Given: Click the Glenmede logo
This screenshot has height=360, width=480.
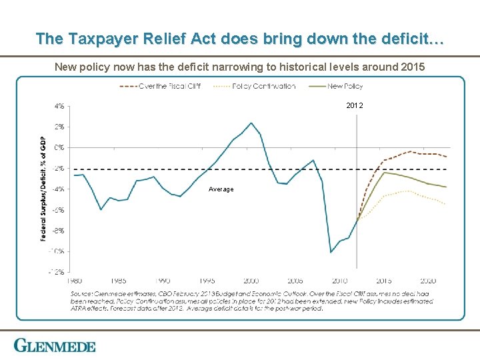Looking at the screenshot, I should point(55,346).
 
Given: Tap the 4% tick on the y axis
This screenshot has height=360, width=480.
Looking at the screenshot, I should point(59,105).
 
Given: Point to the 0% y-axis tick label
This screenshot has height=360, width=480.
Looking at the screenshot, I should point(59,147).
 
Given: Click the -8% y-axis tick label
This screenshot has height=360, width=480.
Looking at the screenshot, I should point(59,230).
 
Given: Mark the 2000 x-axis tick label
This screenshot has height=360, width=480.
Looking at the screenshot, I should point(251,281).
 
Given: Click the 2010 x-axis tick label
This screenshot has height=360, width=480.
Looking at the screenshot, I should point(339,281).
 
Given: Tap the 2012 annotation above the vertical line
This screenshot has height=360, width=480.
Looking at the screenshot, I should point(355,106).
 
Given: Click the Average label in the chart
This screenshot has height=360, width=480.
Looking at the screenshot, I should point(221,189).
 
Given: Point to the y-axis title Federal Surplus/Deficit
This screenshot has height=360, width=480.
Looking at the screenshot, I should point(44,188).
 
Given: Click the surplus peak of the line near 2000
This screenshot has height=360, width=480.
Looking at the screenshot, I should point(251,123).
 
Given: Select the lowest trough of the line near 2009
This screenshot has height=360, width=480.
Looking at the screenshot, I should point(331,252).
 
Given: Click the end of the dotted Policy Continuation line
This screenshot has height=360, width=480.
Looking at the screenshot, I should point(446,204).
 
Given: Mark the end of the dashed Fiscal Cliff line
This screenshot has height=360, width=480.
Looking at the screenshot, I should point(446,157).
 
